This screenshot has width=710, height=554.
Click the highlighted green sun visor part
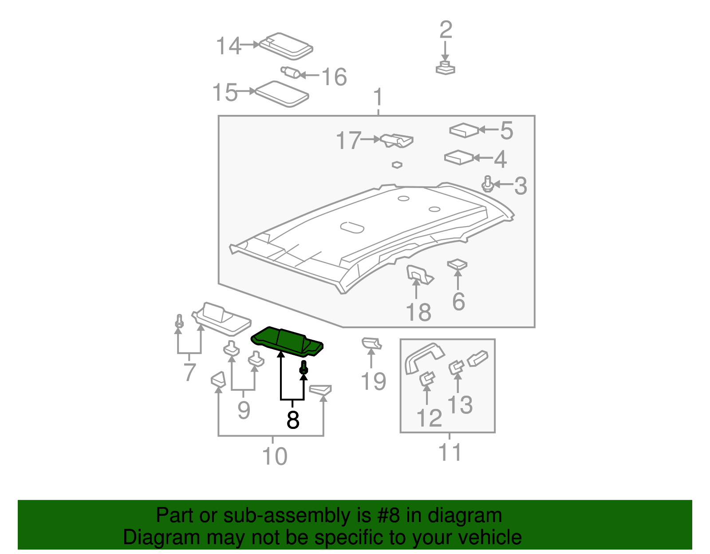[286, 342]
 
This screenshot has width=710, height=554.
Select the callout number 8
[293, 420]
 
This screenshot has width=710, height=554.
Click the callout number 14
[228, 46]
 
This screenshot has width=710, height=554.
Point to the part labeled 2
[445, 68]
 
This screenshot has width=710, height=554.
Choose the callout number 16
[334, 77]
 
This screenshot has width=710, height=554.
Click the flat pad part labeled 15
[282, 94]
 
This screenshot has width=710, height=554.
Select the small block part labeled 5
[464, 130]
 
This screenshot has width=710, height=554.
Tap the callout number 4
[501, 159]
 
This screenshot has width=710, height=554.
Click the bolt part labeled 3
[488, 185]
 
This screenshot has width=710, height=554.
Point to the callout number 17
[348, 141]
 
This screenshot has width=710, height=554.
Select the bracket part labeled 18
[418, 275]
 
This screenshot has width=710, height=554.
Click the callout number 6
[458, 302]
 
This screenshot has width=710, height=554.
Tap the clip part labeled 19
[371, 343]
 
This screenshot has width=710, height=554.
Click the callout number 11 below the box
[450, 452]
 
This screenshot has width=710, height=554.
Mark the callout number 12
[429, 418]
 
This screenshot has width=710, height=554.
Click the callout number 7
[189, 372]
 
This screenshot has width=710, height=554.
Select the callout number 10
[275, 456]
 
